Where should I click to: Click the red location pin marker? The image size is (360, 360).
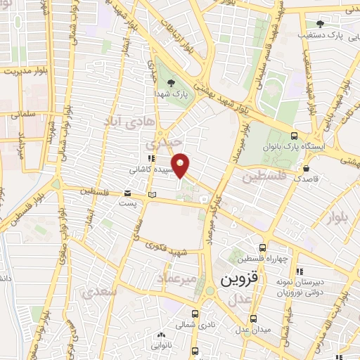tap(181, 165)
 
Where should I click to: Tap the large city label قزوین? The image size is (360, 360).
tap(240, 278)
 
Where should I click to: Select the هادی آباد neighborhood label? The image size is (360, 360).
tap(128, 122)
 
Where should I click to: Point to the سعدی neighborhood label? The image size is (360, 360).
tap(96, 292)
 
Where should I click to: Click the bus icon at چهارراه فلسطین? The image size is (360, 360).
tap(262, 247)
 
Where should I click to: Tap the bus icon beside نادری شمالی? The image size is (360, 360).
tap(195, 314)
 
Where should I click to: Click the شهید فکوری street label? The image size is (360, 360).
tap(166, 247)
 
